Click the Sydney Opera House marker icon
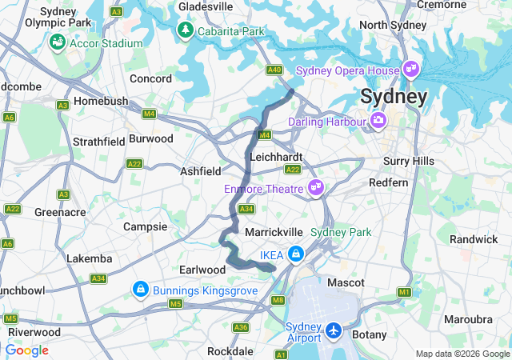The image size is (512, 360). coord(412,70)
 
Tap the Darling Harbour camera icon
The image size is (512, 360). coord(378,122)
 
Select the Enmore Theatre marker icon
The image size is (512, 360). coord(316,189)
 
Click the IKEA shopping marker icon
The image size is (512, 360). coord(295,254)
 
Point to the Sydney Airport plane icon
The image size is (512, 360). coord(333,330)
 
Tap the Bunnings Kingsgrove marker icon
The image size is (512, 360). coord(140,287)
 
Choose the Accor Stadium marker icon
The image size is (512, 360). coord(58,42)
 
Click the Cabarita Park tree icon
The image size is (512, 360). coord(185,30)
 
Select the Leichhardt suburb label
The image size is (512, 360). coord(276,157)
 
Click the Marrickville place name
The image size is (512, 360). coord(271,231)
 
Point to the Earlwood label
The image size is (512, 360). coord(203,270)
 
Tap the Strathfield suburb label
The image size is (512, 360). coord(99,141)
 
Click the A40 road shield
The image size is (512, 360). coord(274,70)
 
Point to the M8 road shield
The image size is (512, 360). coord(278,300)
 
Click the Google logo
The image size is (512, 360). coord(26,350)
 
